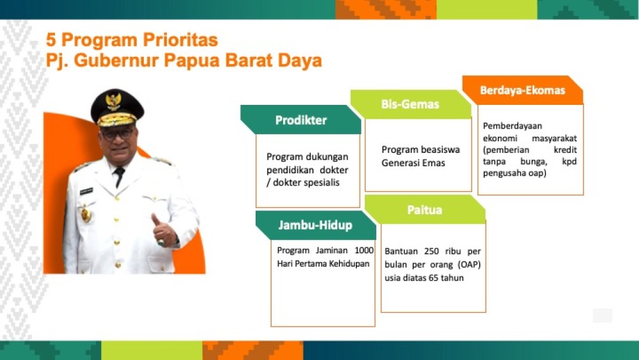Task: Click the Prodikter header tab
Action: pos(301,120)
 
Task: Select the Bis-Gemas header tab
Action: pos(411,104)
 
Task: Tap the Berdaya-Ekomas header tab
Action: pos(523,90)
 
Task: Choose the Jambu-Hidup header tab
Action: pos(316,225)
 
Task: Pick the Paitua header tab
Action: pos(425,210)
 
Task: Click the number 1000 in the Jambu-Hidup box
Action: pos(364,250)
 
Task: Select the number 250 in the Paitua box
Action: pos(431,251)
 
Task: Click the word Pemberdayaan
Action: pos(512,126)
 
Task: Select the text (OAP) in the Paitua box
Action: pos(470,265)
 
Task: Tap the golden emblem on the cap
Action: pos(113,102)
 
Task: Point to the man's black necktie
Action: pos(119,176)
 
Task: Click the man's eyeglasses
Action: pos(118,133)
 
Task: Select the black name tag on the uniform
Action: pos(86,191)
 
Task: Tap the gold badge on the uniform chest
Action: pos(86,214)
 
